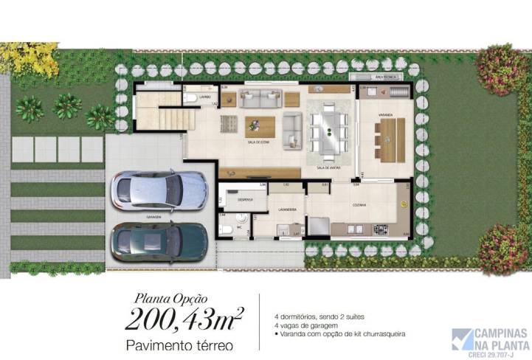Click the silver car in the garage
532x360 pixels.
click(x=159, y=193)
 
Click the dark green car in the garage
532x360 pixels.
click(x=159, y=242)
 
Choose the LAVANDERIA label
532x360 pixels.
click(x=287, y=209)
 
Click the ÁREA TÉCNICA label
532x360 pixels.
click(x=386, y=77)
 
